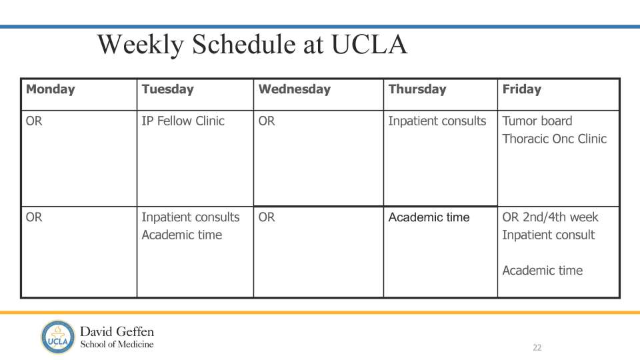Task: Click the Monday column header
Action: (x=51, y=89)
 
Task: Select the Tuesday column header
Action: (x=167, y=89)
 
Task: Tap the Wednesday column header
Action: (x=294, y=89)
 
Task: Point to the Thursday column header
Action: (x=417, y=89)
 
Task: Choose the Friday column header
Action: (x=521, y=89)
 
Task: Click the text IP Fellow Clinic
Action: (x=183, y=121)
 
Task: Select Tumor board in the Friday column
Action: (x=537, y=121)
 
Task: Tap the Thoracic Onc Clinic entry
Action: (x=554, y=139)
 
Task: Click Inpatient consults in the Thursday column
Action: (x=437, y=121)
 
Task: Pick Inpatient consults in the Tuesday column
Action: (x=190, y=217)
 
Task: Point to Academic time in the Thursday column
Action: (x=429, y=217)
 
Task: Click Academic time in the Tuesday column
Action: (x=181, y=235)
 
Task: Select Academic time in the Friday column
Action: (x=542, y=271)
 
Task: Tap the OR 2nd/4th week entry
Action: (x=550, y=217)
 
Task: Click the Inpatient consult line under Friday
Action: (x=548, y=235)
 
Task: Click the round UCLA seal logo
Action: (x=57, y=337)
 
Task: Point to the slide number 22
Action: (x=537, y=347)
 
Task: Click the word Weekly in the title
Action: (x=140, y=45)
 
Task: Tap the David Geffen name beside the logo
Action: (x=117, y=331)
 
